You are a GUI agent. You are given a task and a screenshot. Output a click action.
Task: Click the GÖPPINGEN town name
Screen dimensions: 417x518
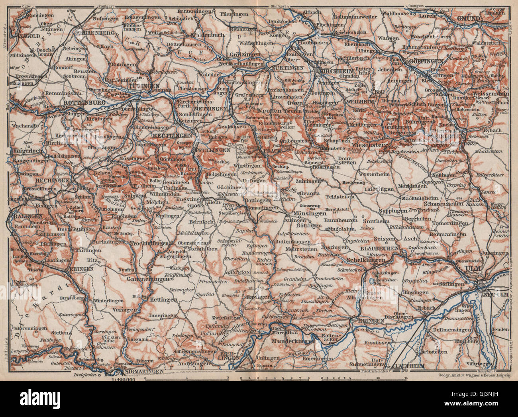coord(426,61)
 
